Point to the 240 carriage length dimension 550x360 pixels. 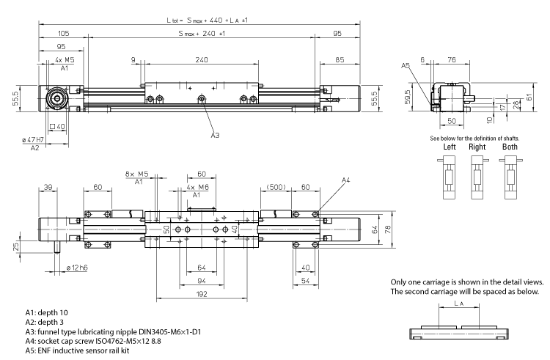[202, 60]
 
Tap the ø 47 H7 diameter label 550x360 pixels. [34, 139]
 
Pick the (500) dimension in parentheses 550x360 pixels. [276, 187]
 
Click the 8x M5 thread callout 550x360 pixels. [137, 174]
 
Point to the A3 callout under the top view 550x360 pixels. [215, 135]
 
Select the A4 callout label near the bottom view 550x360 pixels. [346, 180]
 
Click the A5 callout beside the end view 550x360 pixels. [406, 66]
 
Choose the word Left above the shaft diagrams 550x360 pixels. [450, 147]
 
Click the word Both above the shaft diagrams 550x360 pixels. [510, 147]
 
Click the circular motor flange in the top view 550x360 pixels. [55, 99]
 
